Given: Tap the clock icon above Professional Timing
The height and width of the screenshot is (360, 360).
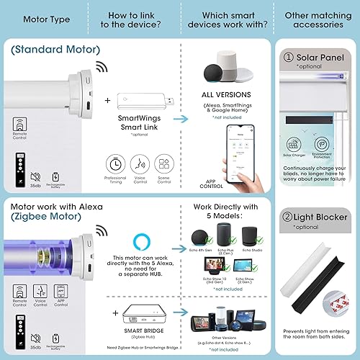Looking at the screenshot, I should pos(114,162).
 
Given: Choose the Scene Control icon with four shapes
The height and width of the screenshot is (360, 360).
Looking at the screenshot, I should pos(164,162).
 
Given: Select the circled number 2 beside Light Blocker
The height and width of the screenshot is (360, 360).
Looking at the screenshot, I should pos(288,217).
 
